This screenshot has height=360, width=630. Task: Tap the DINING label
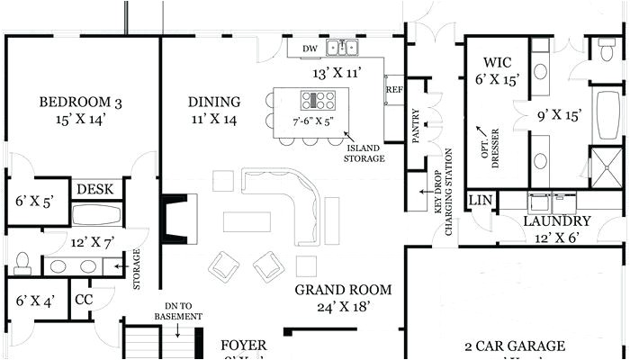[x=213, y=101]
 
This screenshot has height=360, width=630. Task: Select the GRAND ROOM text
[x=344, y=290]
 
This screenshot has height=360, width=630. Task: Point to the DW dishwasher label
[x=310, y=49]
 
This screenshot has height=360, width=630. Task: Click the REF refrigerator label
[x=393, y=90]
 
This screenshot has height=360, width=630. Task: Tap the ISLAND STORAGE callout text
[x=364, y=153]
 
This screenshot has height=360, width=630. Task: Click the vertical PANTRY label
[x=416, y=127]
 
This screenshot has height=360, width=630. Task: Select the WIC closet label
[x=497, y=62]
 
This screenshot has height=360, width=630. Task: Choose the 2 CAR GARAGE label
[x=515, y=346]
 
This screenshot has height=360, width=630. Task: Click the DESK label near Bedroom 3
[x=94, y=189]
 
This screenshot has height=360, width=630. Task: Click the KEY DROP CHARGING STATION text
[x=441, y=203]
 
